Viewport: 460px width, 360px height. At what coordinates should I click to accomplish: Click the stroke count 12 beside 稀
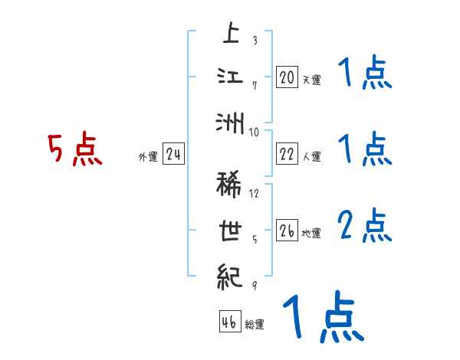point(255,193)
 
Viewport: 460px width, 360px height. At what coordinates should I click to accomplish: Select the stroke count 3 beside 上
point(255,41)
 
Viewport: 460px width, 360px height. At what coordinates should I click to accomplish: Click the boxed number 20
point(287,77)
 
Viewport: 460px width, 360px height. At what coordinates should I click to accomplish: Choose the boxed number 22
point(287,154)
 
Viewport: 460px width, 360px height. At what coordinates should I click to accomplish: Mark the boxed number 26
point(287,230)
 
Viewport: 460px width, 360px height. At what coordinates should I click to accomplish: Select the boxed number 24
point(174,154)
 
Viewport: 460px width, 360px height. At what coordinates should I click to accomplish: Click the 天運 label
point(311,80)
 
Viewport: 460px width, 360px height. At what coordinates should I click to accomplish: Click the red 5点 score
point(74,150)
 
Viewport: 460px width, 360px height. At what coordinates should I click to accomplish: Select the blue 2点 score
point(364,226)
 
